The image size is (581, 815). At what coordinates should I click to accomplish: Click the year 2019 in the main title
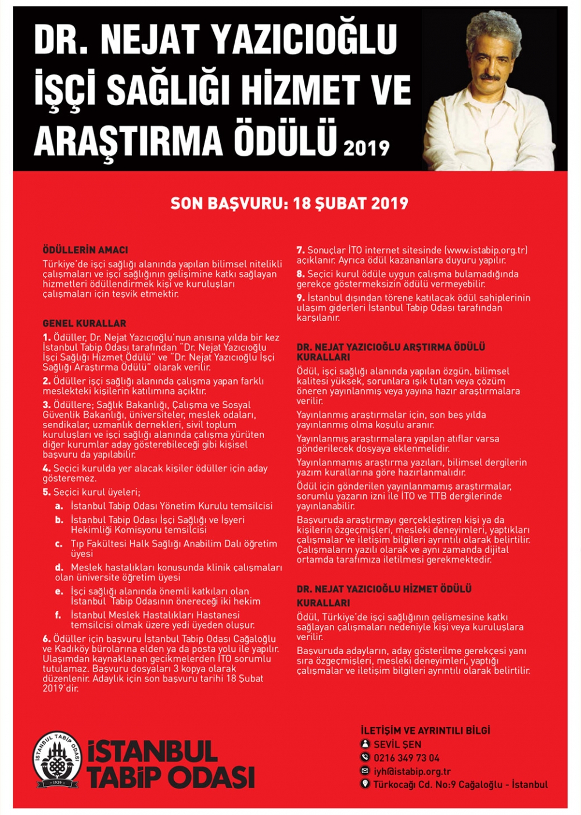pyautogui.click(x=366, y=148)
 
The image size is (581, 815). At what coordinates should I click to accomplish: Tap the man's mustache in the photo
pyautogui.click(x=491, y=76)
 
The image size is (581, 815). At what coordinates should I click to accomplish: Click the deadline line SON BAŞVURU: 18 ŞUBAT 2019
pyautogui.click(x=289, y=203)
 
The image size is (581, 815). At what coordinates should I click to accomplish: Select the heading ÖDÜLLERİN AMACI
pyautogui.click(x=85, y=250)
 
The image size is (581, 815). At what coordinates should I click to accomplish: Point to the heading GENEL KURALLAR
pyautogui.click(x=84, y=323)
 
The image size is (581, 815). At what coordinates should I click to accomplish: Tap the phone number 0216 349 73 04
pyautogui.click(x=406, y=758)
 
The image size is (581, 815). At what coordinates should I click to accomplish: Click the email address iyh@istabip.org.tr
pyautogui.click(x=412, y=771)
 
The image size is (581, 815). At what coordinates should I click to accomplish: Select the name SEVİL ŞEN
pyautogui.click(x=397, y=745)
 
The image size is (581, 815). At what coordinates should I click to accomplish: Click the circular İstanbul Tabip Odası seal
pyautogui.click(x=56, y=759)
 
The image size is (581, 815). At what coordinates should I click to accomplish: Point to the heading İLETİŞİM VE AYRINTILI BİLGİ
pyautogui.click(x=425, y=730)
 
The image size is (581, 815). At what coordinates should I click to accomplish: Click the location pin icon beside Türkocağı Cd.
pyautogui.click(x=365, y=784)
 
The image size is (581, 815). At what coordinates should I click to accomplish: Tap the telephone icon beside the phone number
pyautogui.click(x=365, y=757)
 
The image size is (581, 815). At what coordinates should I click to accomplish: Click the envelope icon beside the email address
pyautogui.click(x=365, y=771)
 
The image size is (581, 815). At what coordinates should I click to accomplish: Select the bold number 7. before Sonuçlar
pyautogui.click(x=300, y=250)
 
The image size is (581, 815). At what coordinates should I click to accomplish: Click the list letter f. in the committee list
pyautogui.click(x=58, y=615)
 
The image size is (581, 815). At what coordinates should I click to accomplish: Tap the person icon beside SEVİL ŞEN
pyautogui.click(x=365, y=744)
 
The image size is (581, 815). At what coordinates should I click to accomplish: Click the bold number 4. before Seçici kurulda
pyautogui.click(x=46, y=468)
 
